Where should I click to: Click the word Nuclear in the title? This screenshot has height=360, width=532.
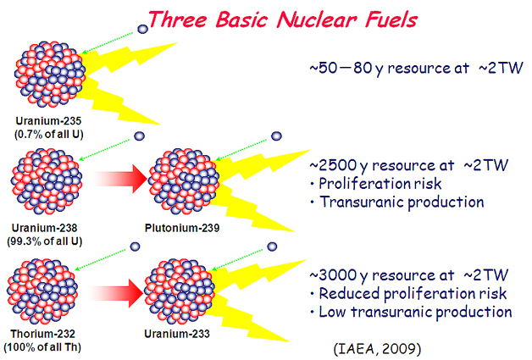click(x=317, y=19)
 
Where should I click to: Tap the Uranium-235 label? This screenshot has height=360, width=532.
click(x=48, y=121)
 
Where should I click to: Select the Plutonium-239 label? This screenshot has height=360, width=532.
click(x=182, y=228)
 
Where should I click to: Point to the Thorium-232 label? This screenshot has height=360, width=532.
click(x=42, y=334)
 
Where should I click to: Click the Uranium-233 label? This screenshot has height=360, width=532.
click(x=177, y=334)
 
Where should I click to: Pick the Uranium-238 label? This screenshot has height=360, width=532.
click(x=44, y=228)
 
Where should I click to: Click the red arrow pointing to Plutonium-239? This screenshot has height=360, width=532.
click(x=119, y=179)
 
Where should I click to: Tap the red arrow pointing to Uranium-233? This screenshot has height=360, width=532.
click(x=116, y=293)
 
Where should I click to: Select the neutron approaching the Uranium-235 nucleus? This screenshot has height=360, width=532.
click(x=143, y=29)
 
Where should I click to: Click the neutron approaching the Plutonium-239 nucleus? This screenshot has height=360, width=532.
click(x=276, y=136)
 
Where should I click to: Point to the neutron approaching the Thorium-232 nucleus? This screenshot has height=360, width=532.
click(x=135, y=246)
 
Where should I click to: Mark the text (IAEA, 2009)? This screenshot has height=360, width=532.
click(x=377, y=349)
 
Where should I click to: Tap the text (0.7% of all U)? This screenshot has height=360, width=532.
click(x=49, y=135)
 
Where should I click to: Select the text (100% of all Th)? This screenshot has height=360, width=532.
click(x=42, y=347)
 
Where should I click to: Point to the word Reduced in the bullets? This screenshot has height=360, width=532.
click(x=349, y=294)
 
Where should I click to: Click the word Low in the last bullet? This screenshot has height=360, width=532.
click(x=332, y=313)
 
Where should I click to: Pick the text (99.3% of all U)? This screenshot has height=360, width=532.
click(x=45, y=241)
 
